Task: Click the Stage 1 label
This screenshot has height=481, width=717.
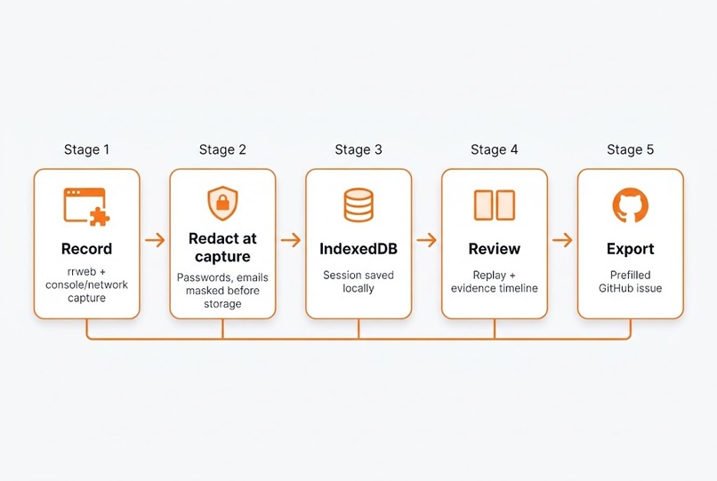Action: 86,149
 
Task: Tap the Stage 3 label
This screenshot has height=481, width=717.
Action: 358,149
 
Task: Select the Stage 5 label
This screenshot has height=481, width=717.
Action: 630,149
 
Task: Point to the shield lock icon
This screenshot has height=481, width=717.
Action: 222,203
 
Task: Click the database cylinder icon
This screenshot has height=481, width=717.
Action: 358,205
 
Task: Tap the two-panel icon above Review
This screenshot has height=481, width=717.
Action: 495,205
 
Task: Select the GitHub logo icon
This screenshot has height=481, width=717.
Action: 630,205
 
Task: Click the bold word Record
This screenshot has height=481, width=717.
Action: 86,249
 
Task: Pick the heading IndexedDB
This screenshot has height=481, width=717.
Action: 358,249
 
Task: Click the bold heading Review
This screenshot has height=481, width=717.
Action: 495,249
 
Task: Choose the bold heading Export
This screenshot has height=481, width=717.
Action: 630,249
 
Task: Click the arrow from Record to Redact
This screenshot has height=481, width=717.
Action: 155,239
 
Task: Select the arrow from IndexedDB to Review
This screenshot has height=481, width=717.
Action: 427,239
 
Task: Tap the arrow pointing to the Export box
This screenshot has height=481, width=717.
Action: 562,239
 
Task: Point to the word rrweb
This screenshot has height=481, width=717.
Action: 82,271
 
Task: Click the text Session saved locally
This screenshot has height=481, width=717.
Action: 358,282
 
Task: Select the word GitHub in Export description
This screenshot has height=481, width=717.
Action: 613,288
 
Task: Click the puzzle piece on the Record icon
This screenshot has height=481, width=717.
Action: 100,217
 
